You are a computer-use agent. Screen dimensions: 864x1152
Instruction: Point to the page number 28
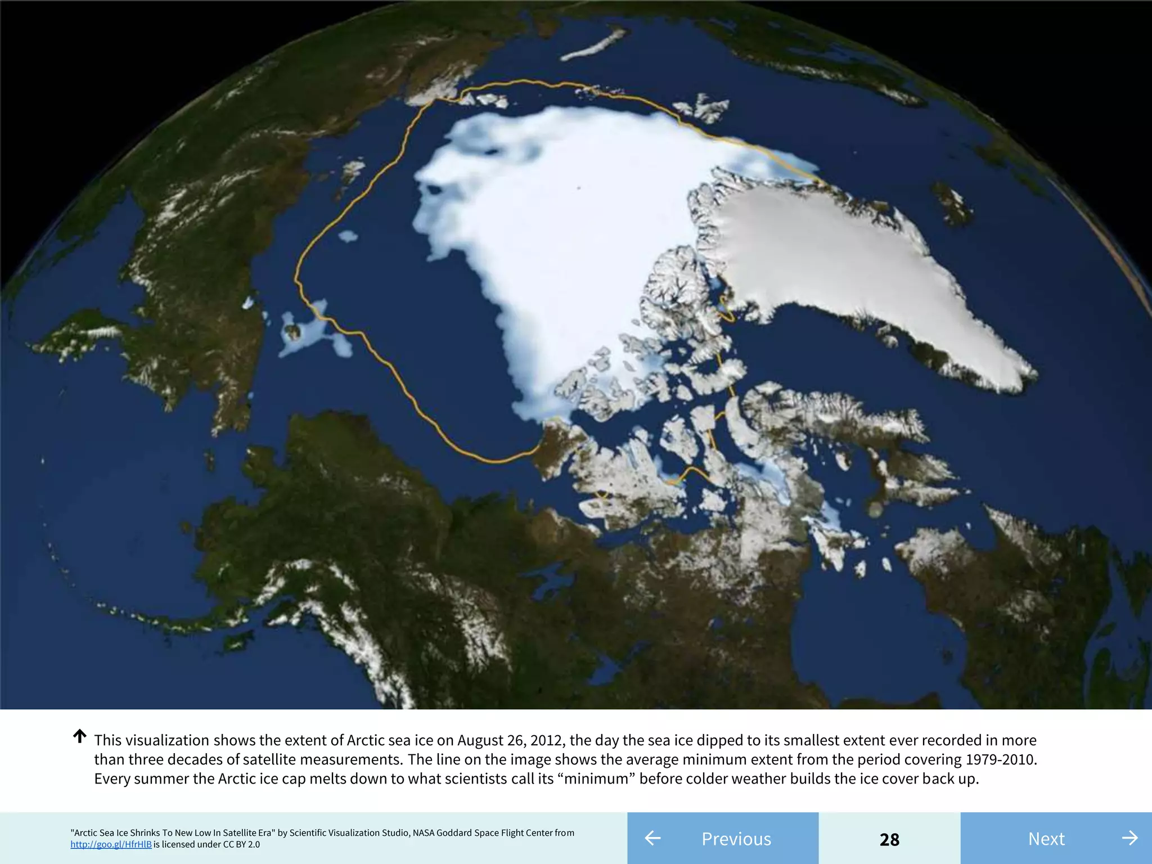click(x=889, y=839)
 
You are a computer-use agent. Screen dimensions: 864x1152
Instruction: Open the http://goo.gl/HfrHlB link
click(x=111, y=844)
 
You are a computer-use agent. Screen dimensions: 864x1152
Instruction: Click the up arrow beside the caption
click(x=80, y=736)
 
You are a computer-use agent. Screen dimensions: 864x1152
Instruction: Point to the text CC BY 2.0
click(x=241, y=844)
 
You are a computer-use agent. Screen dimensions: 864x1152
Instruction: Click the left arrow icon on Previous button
click(x=652, y=838)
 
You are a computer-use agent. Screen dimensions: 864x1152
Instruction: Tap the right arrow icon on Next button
click(x=1129, y=838)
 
